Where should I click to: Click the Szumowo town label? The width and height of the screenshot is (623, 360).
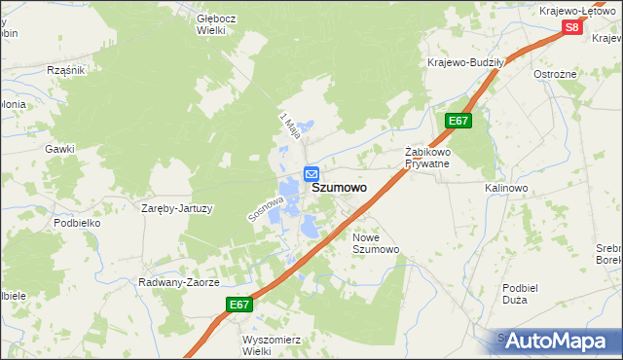pos(340,189)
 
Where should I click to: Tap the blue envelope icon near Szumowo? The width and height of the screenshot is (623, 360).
pos(311,173)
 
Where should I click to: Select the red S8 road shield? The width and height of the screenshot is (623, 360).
pos(572,27)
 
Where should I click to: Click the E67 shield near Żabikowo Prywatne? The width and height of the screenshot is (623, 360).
pos(459,120)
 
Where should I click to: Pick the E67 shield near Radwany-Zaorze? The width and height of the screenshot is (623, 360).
pos(240,305)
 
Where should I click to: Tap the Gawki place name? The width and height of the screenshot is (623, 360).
pos(59,149)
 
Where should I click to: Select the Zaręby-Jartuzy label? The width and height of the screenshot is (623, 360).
pos(177,208)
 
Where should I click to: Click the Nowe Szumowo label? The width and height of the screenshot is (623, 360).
pos(376,243)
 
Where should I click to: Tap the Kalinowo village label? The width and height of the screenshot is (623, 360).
pos(506,187)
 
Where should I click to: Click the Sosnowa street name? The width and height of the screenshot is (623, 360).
pos(265,205)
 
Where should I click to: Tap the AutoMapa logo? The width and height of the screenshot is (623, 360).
pos(557,341)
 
